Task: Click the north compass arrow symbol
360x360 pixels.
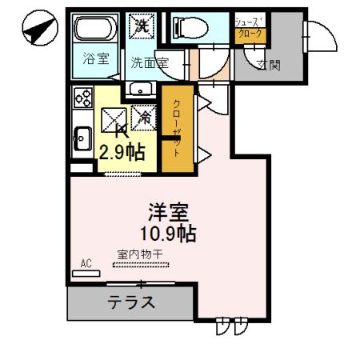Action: pos(38,30)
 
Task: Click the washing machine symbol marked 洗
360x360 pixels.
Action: pos(142,24)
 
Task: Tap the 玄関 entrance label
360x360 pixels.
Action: pos(267,65)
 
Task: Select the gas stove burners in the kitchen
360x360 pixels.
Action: pos(83,97)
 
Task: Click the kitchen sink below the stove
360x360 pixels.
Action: pos(82,138)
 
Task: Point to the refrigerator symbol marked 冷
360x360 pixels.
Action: pos(145,117)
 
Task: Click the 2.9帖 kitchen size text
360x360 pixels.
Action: pos(122,151)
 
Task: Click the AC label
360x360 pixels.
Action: pos(86,263)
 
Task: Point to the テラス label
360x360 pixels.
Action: pos(130,302)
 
